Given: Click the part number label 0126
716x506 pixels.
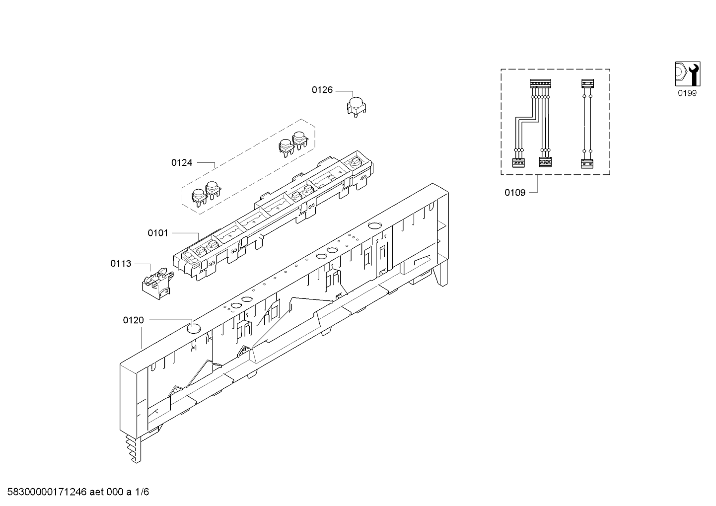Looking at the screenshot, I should click(x=322, y=90).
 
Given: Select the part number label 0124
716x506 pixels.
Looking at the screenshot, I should click(x=182, y=162).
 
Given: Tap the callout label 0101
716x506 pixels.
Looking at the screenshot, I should click(x=157, y=232).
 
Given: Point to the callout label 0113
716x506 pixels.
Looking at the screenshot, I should click(x=121, y=263).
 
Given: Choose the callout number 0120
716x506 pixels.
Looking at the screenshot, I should click(x=133, y=320).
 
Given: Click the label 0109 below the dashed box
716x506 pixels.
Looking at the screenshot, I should click(x=515, y=192).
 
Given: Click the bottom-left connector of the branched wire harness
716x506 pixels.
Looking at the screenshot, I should click(x=518, y=162).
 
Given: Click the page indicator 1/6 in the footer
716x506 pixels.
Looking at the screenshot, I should click(x=143, y=492).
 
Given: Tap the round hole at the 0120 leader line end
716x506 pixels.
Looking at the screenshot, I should click(x=194, y=327).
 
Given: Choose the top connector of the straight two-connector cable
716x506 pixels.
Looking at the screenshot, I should click(x=587, y=84).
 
